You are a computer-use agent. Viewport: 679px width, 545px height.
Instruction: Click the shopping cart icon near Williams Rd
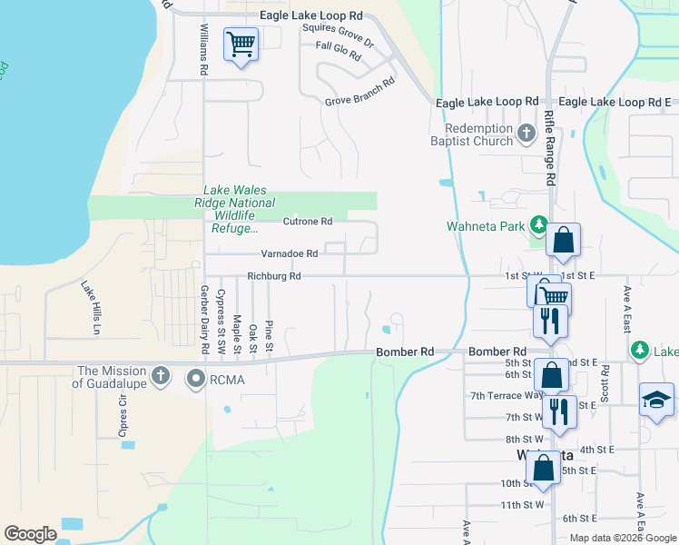(241, 43)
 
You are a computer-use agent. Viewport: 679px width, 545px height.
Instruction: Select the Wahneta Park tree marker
(537, 224)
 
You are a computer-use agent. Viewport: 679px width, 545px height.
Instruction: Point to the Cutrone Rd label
(308, 222)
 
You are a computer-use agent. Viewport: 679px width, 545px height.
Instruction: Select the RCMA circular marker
(195, 377)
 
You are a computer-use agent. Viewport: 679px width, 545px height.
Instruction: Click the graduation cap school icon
(655, 400)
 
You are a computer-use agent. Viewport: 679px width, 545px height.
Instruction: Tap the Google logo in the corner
(30, 534)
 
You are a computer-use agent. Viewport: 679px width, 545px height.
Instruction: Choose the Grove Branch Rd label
(359, 91)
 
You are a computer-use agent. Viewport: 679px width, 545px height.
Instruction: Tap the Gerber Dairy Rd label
(205, 320)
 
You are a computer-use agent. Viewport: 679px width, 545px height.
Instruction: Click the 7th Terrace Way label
(507, 396)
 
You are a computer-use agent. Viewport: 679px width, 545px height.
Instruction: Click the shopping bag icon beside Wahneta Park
(563, 241)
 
